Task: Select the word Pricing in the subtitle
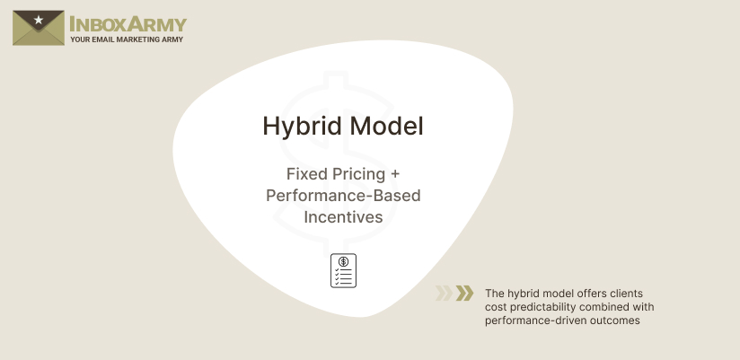pyautogui.click(x=359, y=174)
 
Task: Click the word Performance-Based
pyautogui.click(x=343, y=196)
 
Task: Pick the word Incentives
pyautogui.click(x=343, y=217)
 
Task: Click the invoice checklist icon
pyautogui.click(x=343, y=270)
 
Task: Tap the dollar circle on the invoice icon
pyautogui.click(x=343, y=261)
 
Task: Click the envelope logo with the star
pyautogui.click(x=38, y=27)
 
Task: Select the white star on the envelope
pyautogui.click(x=38, y=20)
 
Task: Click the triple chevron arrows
pyautogui.click(x=454, y=293)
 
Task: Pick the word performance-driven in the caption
pyautogui.click(x=534, y=320)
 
